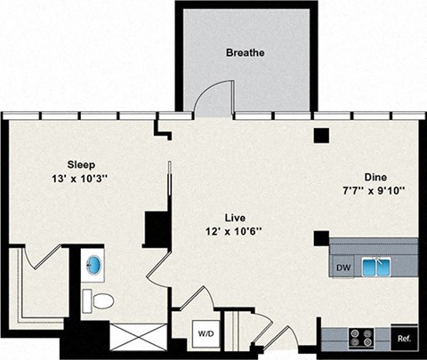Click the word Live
pos(235,217)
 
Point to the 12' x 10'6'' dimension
pos(235,233)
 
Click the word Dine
pos(375,177)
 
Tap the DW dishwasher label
pos(342,267)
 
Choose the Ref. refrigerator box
pos(404,338)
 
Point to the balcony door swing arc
pos(212,100)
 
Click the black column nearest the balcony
pos(320,136)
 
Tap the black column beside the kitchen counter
pos(320,238)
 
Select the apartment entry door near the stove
pos(283,339)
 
